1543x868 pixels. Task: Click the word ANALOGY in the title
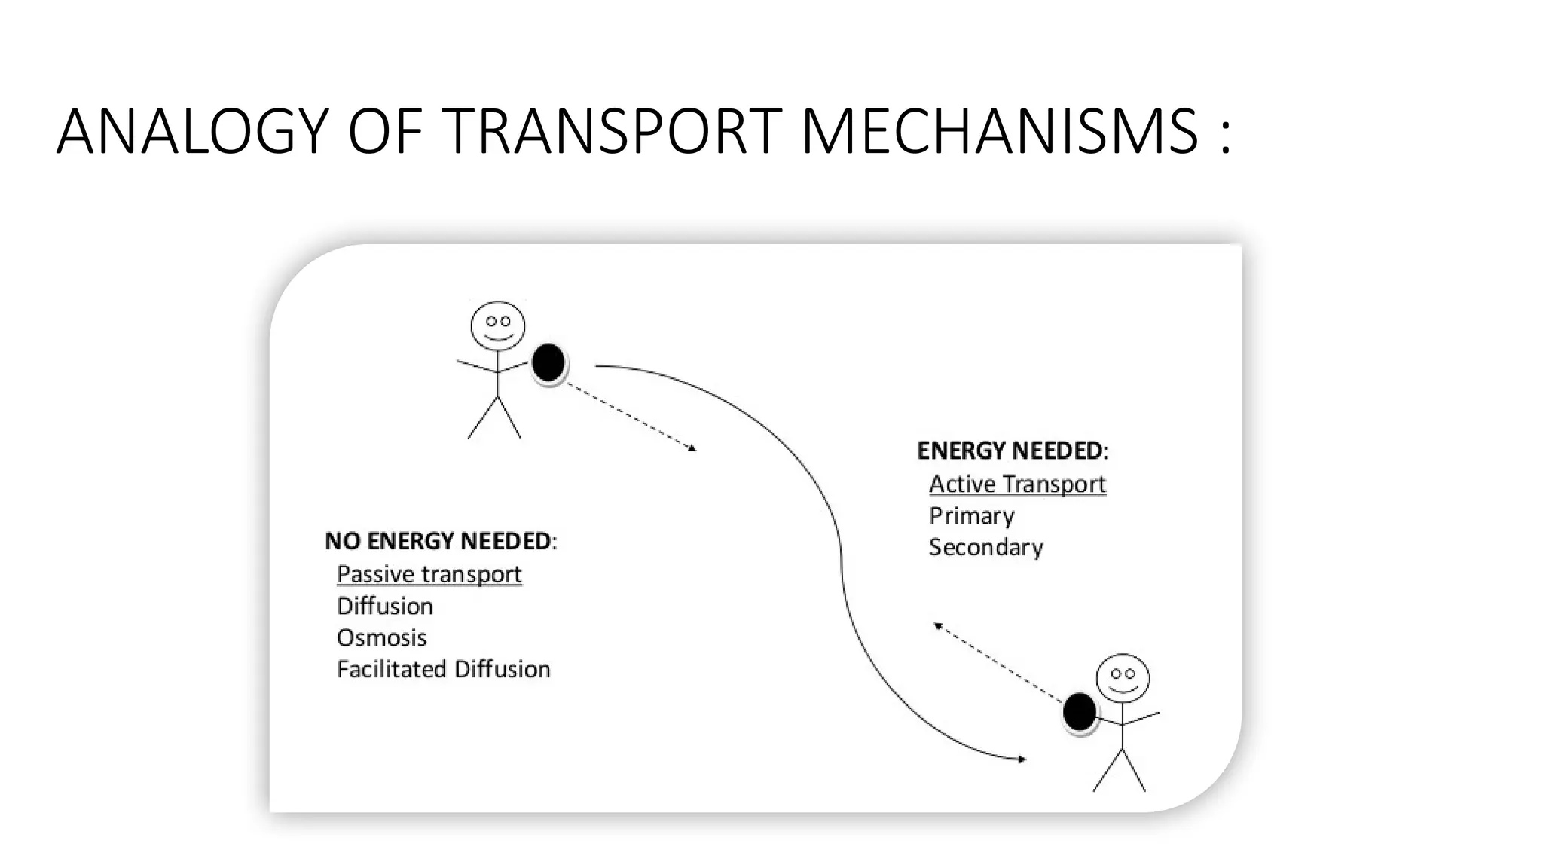coord(192,132)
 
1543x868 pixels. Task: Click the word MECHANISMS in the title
coord(999,132)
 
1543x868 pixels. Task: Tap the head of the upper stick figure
coord(497,325)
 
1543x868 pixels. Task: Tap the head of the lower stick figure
coord(1123,678)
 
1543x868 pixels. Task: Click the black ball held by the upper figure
coord(548,362)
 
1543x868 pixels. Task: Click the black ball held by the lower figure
coord(1079,712)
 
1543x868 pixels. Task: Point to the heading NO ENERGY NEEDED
coord(440,541)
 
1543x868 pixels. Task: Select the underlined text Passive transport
coord(429,574)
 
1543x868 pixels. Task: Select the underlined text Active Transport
coord(1017,484)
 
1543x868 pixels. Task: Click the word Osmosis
coord(381,637)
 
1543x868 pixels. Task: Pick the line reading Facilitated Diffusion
coord(443,669)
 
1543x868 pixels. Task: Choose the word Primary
coord(971,515)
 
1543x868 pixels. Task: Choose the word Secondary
coord(985,547)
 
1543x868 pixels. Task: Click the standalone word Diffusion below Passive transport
coord(384,606)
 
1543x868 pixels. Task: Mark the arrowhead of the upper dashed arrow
coord(692,449)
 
